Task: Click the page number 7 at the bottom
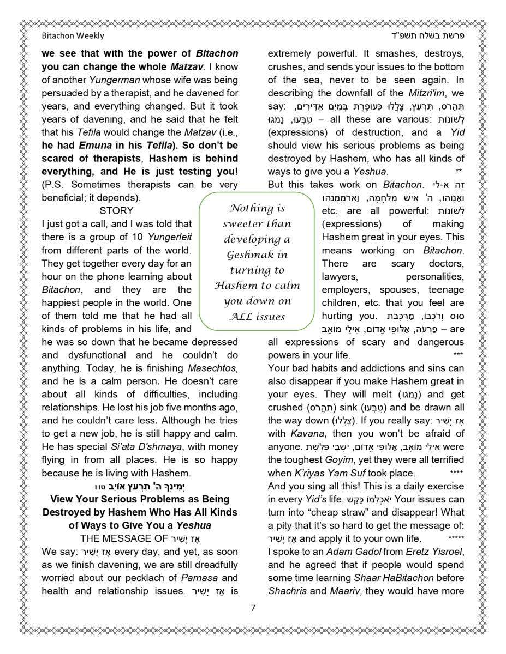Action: tap(253, 608)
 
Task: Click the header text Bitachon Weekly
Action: tap(73, 36)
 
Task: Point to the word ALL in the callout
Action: tap(242, 317)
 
